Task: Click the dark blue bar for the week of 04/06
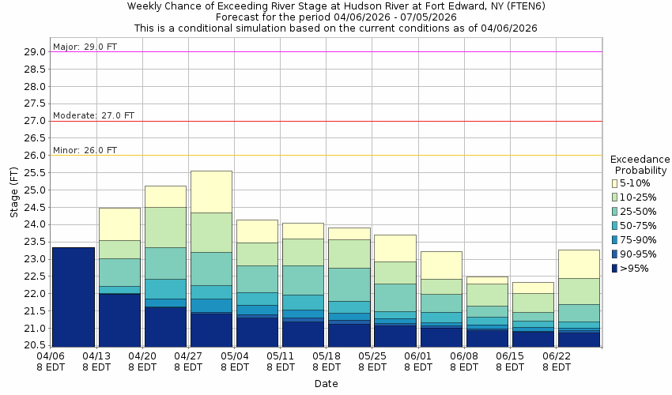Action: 74,297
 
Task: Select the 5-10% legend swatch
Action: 614,183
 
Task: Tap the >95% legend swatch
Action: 614,269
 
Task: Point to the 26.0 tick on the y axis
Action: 35,156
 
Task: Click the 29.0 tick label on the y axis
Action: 35,52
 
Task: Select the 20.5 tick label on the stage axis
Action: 35,346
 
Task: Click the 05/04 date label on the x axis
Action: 234,362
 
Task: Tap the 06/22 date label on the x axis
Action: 556,362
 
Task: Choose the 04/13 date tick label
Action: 96,362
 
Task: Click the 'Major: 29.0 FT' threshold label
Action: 85,47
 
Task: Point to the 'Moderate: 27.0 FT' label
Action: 93,115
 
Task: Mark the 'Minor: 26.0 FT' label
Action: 85,150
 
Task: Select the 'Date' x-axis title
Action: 326,384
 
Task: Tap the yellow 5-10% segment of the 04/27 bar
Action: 211,191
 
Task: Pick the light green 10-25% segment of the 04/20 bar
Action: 165,227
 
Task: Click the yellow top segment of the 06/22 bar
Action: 579,264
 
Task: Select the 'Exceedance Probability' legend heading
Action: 640,164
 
